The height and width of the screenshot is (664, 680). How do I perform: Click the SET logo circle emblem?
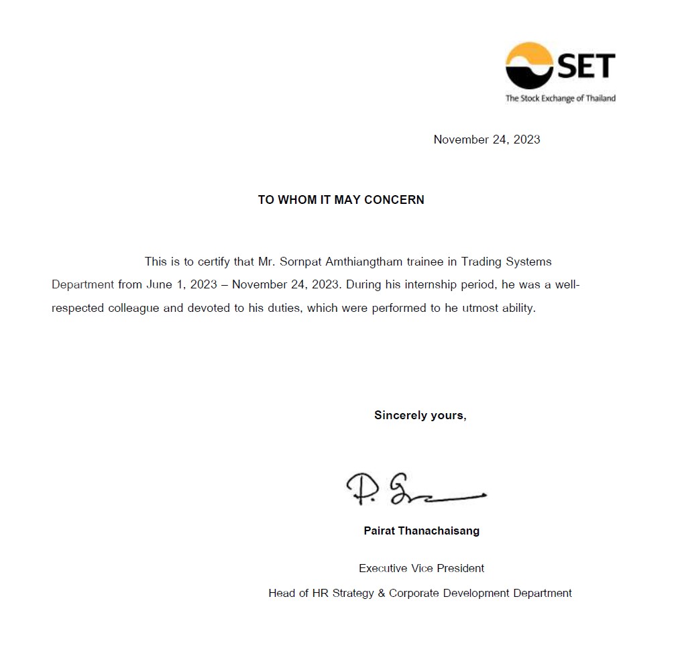[x=529, y=66]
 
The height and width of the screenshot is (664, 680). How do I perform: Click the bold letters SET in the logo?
[x=585, y=66]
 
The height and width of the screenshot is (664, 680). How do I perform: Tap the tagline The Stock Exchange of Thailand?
[x=560, y=99]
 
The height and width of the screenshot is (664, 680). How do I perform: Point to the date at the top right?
[x=487, y=140]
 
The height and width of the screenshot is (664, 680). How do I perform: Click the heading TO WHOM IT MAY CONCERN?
[x=341, y=200]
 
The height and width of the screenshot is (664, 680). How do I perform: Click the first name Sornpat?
[x=300, y=262]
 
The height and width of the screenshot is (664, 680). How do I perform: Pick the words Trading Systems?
[x=506, y=262]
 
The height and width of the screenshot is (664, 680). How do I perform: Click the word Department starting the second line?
[x=82, y=284]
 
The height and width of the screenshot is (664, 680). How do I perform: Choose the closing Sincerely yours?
[x=420, y=415]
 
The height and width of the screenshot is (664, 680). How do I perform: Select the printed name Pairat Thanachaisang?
[x=421, y=531]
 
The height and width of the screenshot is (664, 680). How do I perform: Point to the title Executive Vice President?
[x=421, y=568]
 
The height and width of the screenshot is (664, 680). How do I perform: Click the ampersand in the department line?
[x=382, y=593]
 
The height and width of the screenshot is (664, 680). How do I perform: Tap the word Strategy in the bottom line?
[x=352, y=593]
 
